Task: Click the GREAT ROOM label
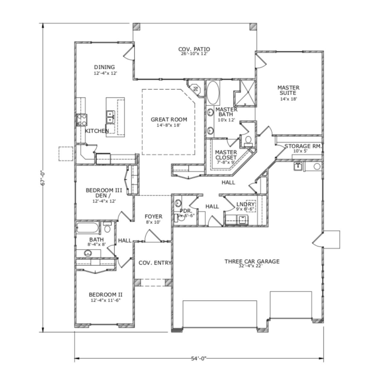(169, 120)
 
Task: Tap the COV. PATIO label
(194, 49)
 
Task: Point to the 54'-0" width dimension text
(199, 358)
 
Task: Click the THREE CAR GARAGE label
(252, 261)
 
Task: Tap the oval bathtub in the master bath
(212, 93)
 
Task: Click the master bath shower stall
(245, 93)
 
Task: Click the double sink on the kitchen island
(111, 117)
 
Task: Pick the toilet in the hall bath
(107, 228)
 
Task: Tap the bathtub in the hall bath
(88, 229)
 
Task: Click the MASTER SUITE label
(288, 90)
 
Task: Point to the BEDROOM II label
(106, 295)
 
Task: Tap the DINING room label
(104, 67)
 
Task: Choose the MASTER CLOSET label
(226, 155)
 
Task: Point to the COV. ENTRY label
(155, 263)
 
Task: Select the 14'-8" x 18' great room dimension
(169, 125)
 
